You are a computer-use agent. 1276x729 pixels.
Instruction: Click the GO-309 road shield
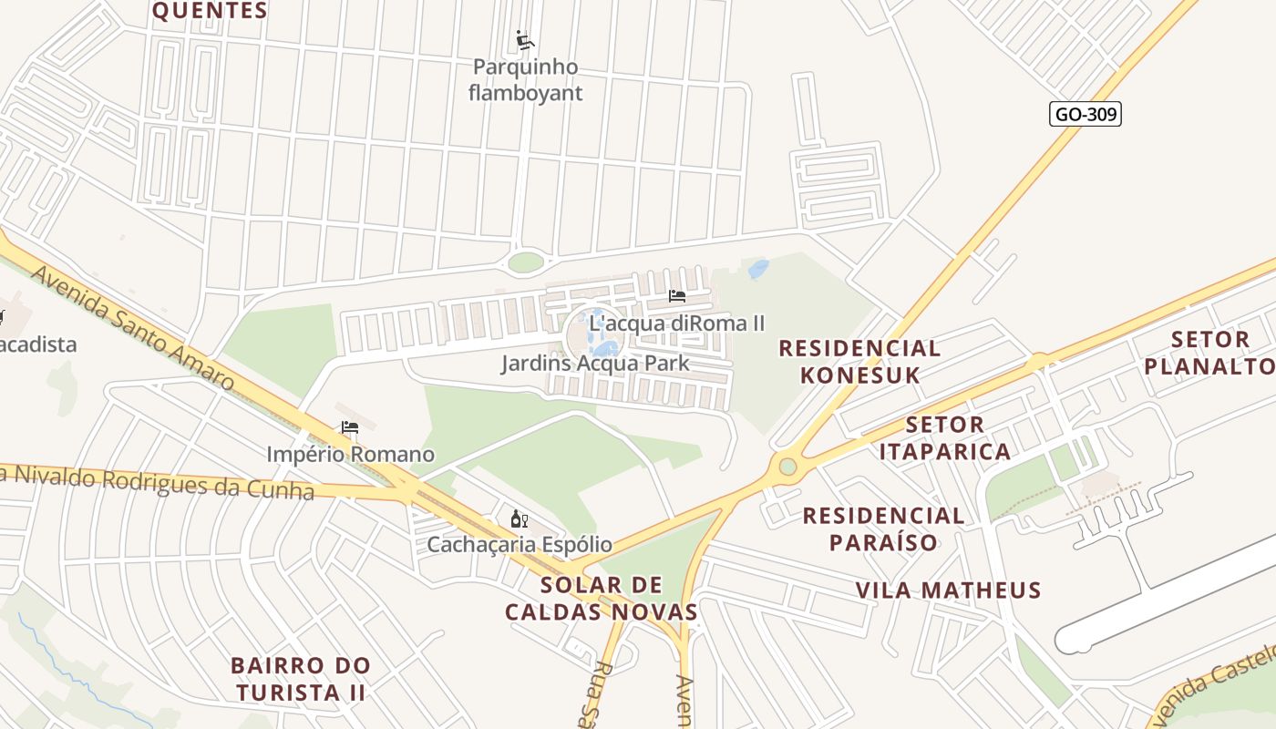coord(1085,114)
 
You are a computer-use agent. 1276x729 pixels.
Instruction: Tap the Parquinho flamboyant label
coord(525,79)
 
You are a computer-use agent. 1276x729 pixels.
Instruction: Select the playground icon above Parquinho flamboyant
coord(525,40)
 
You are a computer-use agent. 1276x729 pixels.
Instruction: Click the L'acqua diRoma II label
coord(676,323)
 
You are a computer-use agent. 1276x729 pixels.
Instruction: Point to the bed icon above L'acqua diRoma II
coord(676,296)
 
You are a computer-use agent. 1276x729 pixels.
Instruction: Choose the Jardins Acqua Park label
coord(595,364)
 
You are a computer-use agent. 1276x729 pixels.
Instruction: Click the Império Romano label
coord(350,454)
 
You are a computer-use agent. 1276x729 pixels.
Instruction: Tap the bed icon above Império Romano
coord(350,426)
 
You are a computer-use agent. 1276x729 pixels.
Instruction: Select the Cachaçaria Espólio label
coord(520,545)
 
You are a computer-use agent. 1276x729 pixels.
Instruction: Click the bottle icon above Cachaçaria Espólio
coord(520,519)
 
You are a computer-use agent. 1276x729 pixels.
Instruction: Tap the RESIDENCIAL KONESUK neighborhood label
coord(859,361)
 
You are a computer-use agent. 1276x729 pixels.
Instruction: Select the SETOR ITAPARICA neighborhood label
coord(957,437)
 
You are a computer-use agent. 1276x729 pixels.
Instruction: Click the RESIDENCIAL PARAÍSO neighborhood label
coord(883,529)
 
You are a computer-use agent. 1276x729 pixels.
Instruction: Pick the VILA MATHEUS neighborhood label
coord(948,590)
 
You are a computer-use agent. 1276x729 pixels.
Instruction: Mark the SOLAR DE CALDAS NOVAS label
coord(602,598)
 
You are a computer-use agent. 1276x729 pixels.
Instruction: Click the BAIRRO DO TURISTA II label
coord(300,678)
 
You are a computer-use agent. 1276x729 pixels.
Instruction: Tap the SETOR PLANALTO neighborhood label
coord(1210,353)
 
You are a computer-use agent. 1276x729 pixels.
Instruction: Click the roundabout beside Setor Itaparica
coord(787,467)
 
